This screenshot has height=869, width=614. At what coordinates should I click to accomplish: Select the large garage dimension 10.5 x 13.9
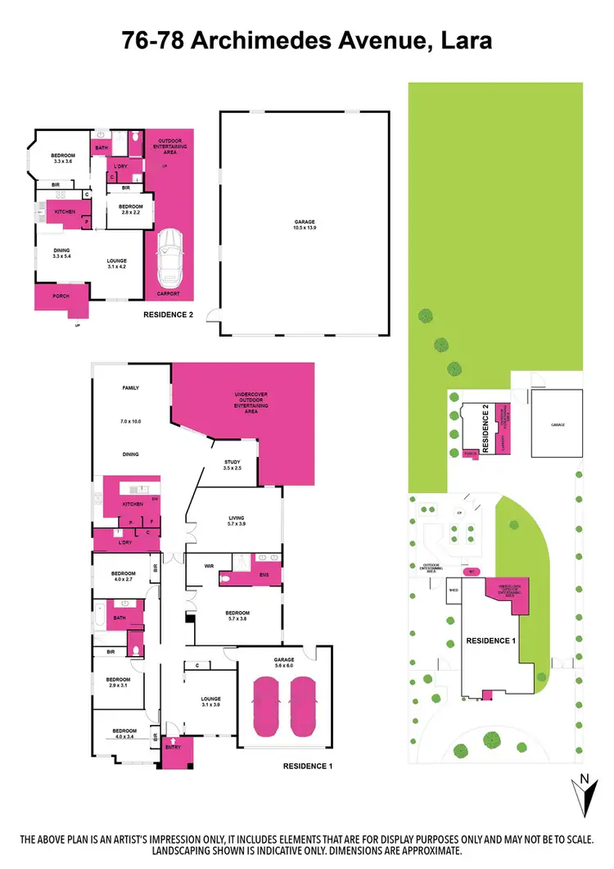(305, 229)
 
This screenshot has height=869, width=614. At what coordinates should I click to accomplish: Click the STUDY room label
(233, 463)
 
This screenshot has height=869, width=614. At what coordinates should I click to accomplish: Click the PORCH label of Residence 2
(60, 296)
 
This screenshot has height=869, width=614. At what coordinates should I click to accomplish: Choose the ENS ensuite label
(264, 577)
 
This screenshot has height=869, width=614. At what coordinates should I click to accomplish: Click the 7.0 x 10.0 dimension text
(131, 421)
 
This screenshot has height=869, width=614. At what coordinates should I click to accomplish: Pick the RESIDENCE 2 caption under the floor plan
(168, 314)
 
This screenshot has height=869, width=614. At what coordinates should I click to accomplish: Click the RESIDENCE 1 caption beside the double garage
(307, 767)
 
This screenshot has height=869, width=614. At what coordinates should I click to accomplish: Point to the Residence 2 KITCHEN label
(65, 212)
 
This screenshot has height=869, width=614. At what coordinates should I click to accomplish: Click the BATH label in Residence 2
(102, 148)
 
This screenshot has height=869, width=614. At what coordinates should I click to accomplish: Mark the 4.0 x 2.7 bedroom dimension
(119, 578)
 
